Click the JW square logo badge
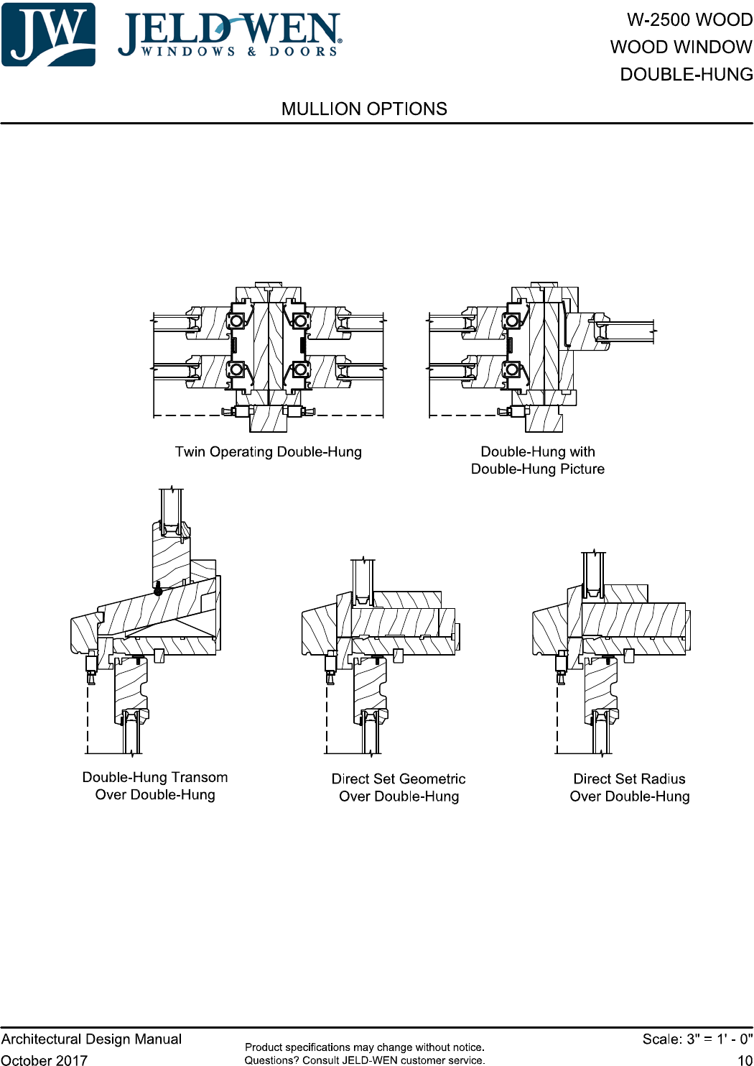pos(48,35)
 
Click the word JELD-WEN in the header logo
pos(229,30)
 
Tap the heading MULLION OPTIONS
pos(364,109)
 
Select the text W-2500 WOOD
pos(690,19)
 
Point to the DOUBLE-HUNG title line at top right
pos(686,74)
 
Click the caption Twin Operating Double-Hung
pos(268,451)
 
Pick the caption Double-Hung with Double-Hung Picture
pos(538,460)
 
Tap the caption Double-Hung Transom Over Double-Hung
pos(155,786)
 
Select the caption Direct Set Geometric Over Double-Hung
pos(399,787)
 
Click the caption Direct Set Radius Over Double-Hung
pos(630,787)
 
